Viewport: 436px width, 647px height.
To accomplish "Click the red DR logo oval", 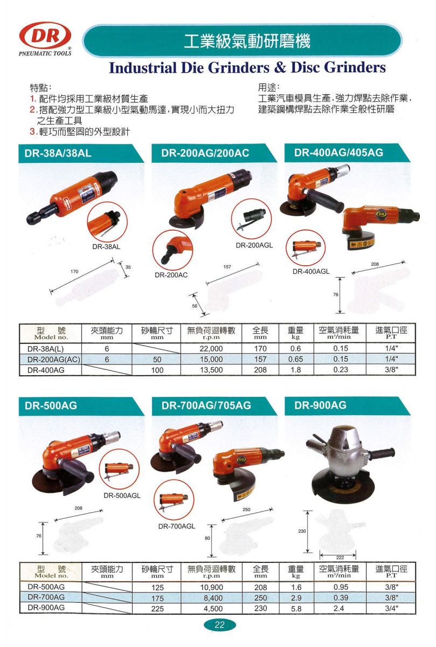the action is click(45, 36).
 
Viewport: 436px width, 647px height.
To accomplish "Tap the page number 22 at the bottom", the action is click(219, 625).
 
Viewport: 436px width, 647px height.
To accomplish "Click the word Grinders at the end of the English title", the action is click(355, 67).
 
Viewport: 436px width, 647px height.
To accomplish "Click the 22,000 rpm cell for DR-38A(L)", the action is click(211, 349).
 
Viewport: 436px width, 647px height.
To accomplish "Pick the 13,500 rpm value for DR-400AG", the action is click(211, 370).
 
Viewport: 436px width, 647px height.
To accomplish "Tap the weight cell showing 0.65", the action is click(296, 359).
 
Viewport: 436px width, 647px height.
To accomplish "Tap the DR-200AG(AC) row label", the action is click(54, 360).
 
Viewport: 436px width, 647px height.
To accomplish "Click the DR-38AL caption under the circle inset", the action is click(106, 247).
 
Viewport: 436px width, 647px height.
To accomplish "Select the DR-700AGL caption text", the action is click(177, 526).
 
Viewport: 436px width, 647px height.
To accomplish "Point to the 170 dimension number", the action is click(74, 272).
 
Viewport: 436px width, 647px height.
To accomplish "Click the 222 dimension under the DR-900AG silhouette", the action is click(340, 557).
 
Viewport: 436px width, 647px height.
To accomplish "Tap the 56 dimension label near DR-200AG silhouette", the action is click(195, 306).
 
